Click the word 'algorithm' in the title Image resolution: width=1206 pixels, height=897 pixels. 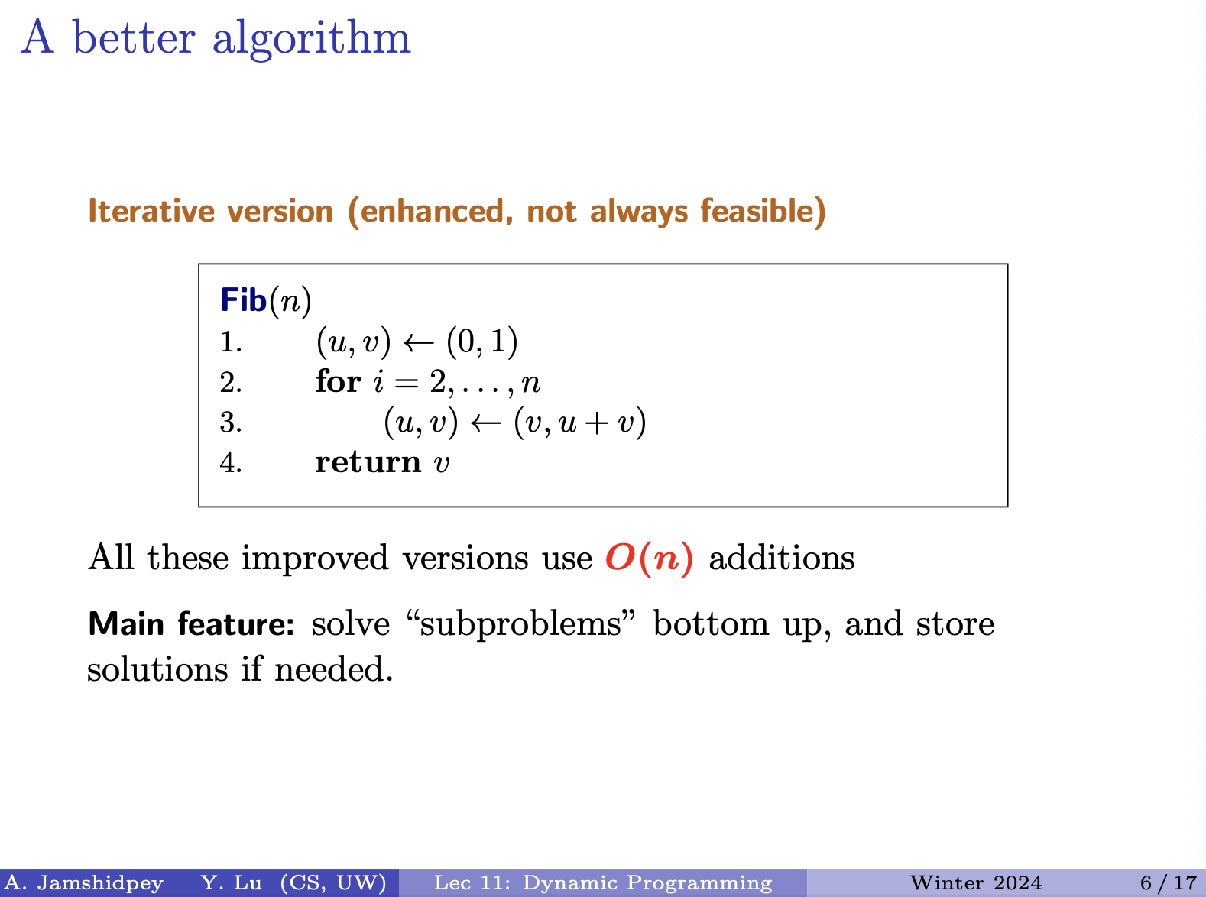(x=311, y=39)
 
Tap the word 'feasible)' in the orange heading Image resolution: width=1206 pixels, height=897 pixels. (x=763, y=212)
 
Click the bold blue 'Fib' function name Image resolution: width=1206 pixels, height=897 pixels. (x=243, y=300)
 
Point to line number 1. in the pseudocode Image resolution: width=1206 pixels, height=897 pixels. (x=231, y=342)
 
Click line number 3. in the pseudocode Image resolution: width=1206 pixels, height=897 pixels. (x=231, y=423)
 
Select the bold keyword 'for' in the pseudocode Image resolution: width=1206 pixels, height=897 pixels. (x=339, y=381)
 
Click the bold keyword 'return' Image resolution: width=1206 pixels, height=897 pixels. (x=368, y=462)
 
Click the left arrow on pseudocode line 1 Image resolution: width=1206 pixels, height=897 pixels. (x=418, y=342)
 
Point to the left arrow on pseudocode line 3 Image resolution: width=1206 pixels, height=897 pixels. (x=485, y=423)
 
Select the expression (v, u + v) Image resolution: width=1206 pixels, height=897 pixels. (x=579, y=423)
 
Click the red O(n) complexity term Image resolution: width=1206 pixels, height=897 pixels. (x=650, y=559)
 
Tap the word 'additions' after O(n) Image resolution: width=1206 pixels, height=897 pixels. (x=782, y=558)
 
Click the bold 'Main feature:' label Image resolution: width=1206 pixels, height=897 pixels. (x=191, y=623)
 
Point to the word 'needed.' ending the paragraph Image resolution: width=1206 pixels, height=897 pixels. (x=334, y=669)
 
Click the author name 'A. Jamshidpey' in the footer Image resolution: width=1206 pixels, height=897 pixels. (x=84, y=883)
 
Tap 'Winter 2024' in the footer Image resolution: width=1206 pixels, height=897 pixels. (x=976, y=883)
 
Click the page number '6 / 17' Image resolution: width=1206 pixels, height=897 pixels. (x=1169, y=883)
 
